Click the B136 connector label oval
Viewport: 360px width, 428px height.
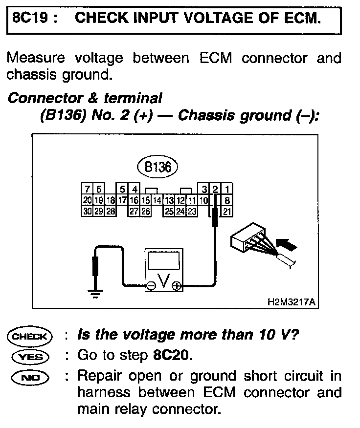pos(157,168)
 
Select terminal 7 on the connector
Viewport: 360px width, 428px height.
pos(87,190)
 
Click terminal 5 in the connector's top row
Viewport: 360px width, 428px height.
pos(122,190)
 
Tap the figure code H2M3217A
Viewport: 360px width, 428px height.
pos(292,302)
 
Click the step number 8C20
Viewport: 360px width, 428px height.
pos(169,356)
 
